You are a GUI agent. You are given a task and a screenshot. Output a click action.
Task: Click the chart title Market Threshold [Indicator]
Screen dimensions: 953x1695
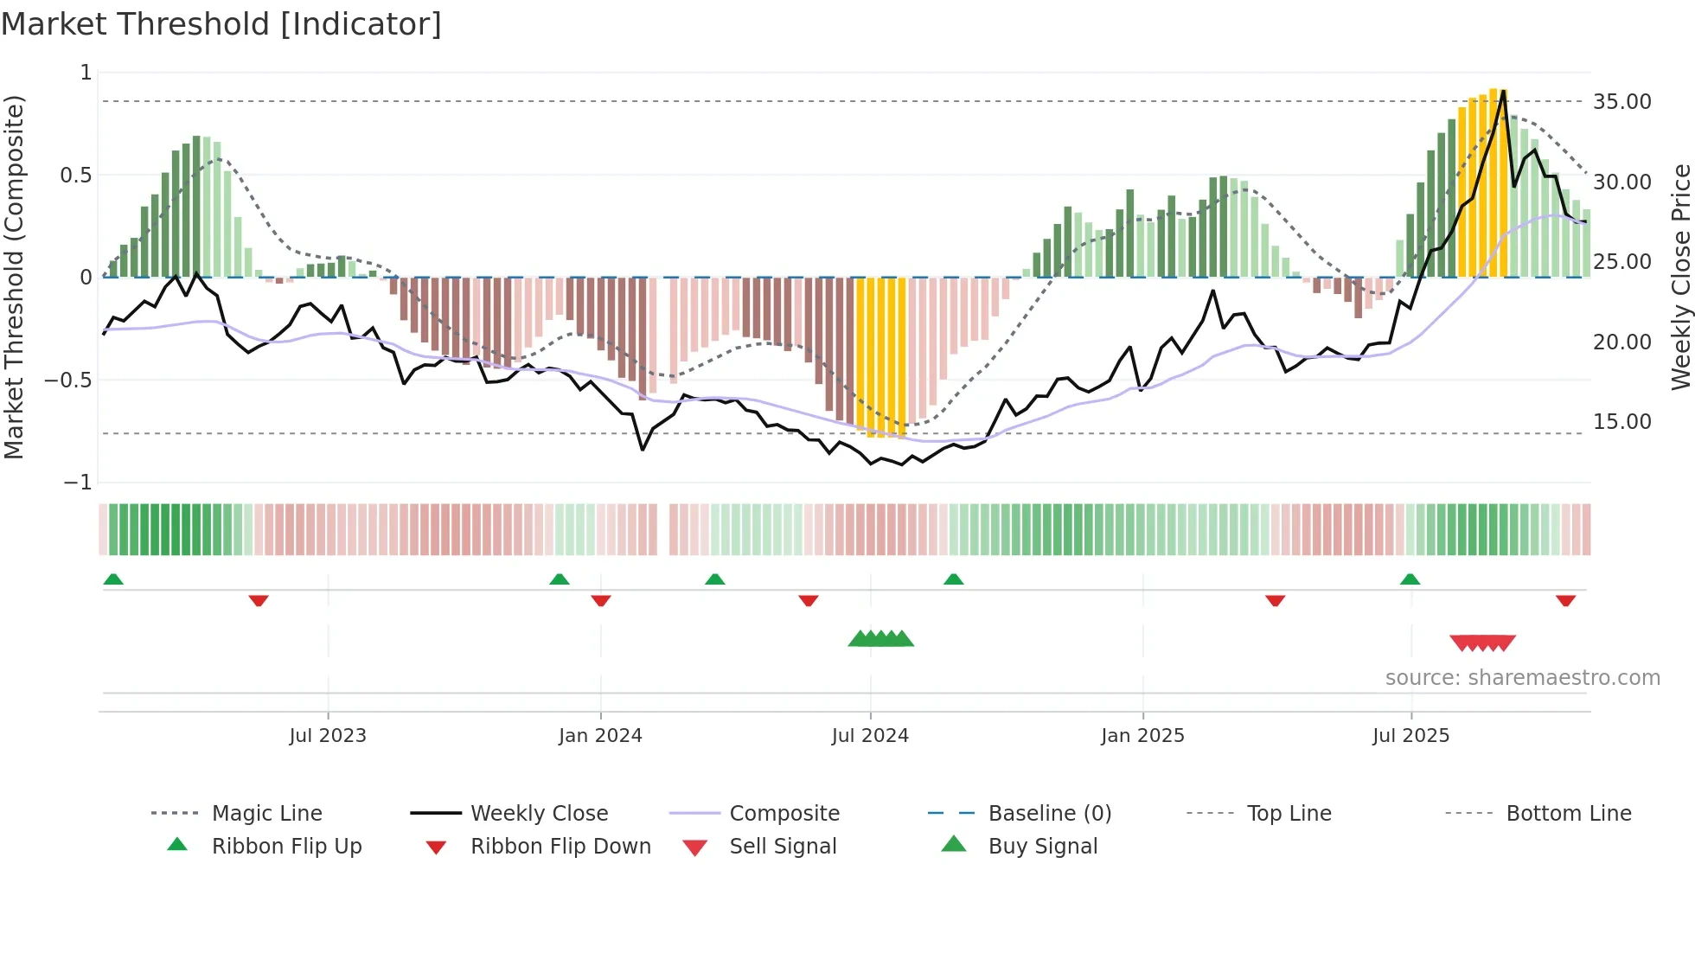(x=221, y=24)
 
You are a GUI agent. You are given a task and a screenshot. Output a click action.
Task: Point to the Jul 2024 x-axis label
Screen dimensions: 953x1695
(x=870, y=736)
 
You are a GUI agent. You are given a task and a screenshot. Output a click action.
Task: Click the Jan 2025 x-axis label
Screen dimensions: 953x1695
(x=1142, y=736)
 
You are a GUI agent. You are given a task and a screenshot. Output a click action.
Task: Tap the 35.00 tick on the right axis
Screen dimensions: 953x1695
(x=1621, y=102)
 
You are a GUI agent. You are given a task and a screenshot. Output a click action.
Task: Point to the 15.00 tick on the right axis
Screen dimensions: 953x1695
(x=1621, y=422)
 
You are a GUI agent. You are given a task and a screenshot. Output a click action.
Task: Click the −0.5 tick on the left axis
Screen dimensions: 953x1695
(x=68, y=381)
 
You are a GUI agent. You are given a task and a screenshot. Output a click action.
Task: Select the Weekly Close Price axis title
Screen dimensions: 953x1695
(x=1680, y=277)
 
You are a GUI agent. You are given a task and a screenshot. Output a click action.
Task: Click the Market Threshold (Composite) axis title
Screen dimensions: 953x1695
(x=14, y=277)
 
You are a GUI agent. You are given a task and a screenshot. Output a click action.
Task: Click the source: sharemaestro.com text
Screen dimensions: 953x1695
(x=1522, y=678)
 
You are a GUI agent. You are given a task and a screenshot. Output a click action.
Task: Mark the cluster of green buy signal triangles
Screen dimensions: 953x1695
(x=880, y=639)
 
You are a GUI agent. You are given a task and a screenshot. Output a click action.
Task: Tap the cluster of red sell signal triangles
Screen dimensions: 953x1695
(x=1482, y=643)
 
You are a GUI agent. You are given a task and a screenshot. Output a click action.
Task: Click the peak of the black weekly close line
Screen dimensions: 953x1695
(x=1504, y=91)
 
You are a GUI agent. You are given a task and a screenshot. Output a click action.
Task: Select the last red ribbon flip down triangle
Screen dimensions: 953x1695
(x=1565, y=600)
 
